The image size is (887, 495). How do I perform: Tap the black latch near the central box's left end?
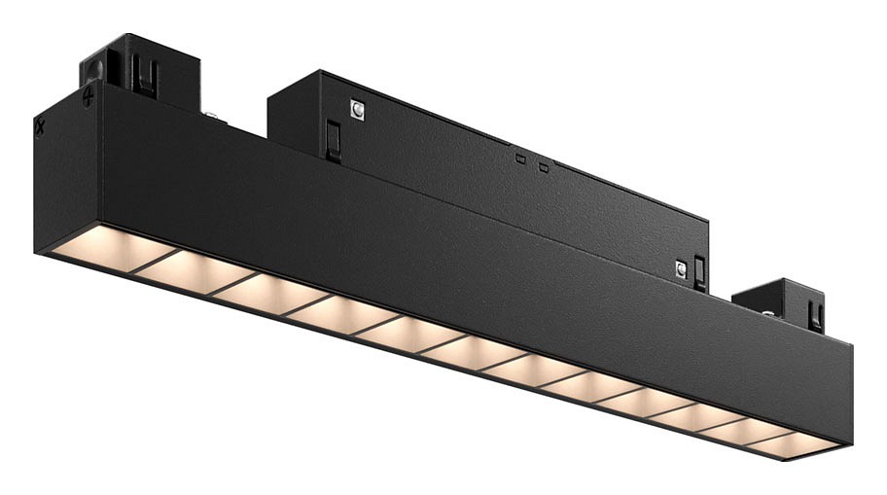tap(334, 140)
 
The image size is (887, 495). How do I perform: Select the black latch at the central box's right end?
tap(699, 272)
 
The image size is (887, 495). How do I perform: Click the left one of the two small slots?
tap(520, 158)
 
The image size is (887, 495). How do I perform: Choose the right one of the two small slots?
tap(544, 167)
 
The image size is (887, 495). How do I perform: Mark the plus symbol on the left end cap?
tap(89, 96)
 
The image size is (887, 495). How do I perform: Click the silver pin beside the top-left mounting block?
tap(210, 116)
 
